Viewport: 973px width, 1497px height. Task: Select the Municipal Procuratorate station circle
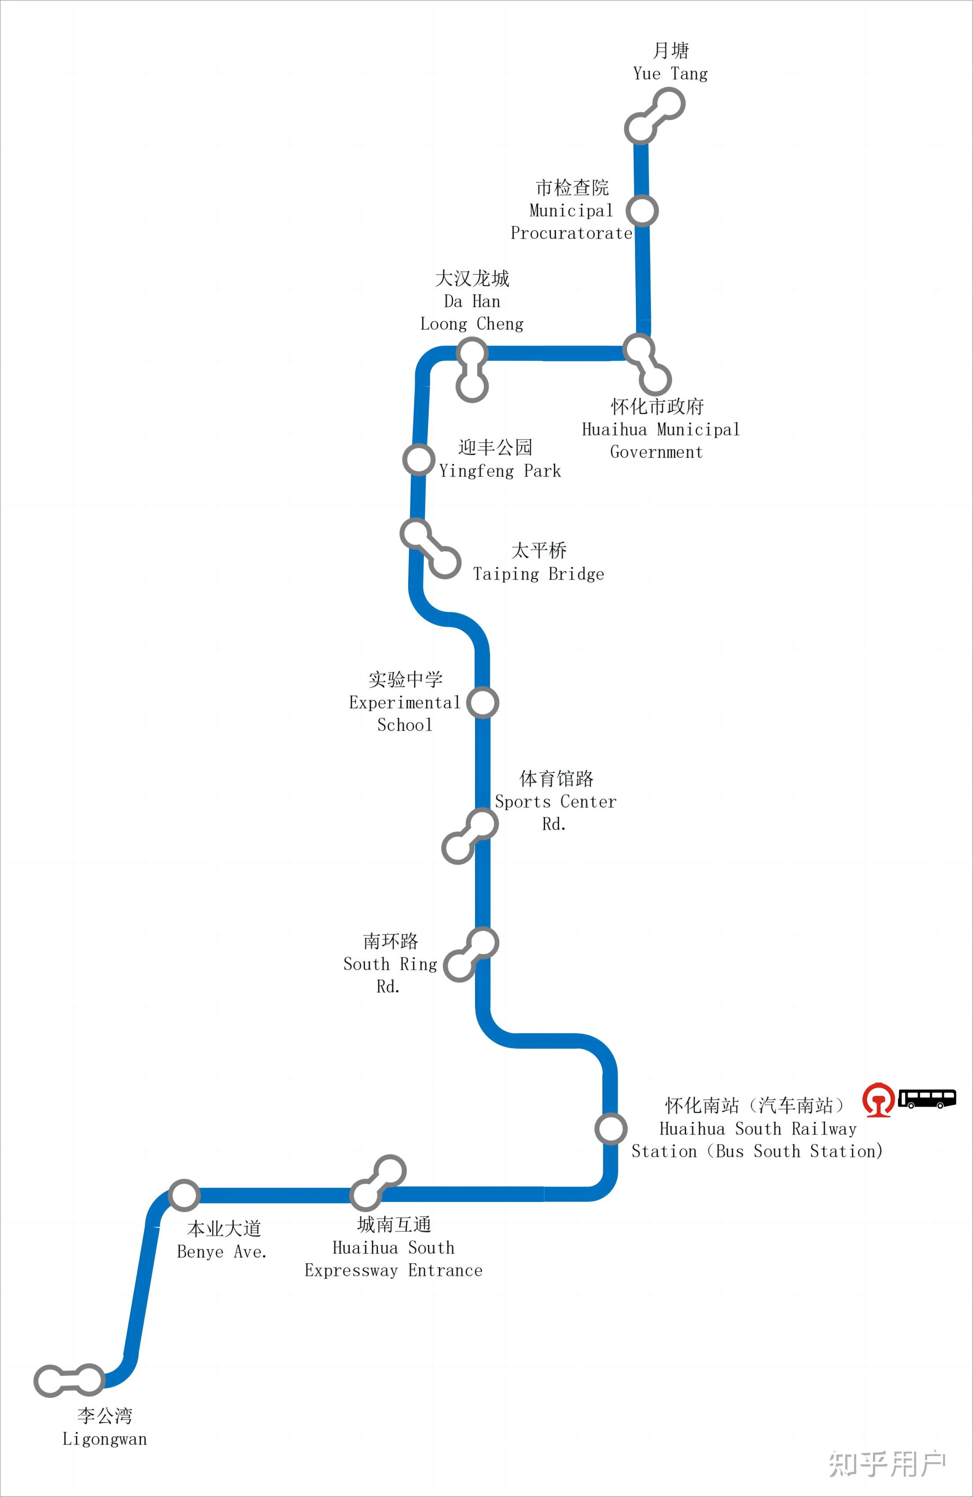coord(642,210)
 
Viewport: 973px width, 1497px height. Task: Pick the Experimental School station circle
coord(483,702)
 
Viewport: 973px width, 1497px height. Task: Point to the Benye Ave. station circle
coord(184,1194)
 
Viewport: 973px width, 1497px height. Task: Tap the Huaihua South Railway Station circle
coord(610,1128)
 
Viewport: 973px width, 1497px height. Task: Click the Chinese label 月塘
coord(670,50)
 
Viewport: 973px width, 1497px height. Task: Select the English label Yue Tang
coord(670,74)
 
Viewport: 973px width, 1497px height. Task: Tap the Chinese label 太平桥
coord(539,551)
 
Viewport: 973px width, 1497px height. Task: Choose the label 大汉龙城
coord(472,277)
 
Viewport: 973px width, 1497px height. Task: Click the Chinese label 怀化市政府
coord(657,407)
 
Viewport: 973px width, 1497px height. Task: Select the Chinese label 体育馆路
coord(557,779)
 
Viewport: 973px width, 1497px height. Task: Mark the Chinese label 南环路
coord(390,941)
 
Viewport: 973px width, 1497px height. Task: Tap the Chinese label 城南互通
coord(394,1224)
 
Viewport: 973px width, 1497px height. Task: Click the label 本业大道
coord(224,1228)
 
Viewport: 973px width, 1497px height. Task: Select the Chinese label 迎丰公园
coord(495,447)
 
